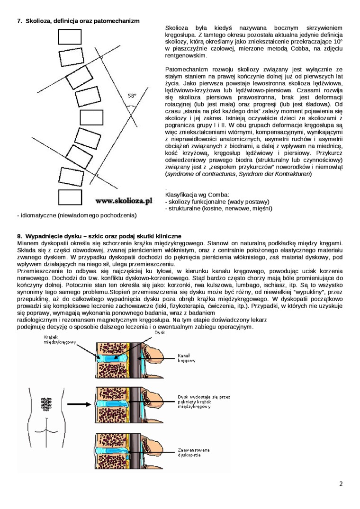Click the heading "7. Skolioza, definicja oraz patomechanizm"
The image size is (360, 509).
[x=78, y=21]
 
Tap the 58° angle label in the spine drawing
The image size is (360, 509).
[x=132, y=96]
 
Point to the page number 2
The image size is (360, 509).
[x=341, y=484]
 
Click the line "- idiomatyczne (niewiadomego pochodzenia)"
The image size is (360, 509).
[x=77, y=215]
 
